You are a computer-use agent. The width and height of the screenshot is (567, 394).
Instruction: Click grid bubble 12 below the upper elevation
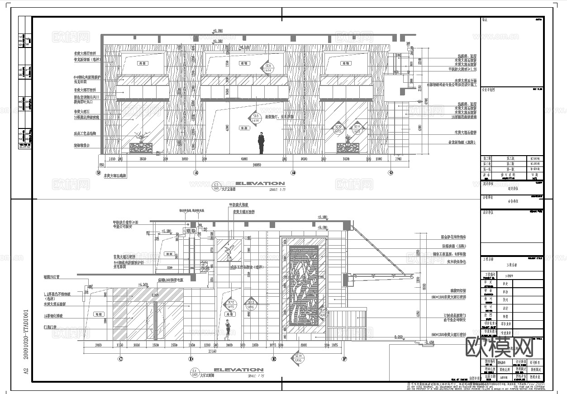pyautogui.click(x=98, y=172)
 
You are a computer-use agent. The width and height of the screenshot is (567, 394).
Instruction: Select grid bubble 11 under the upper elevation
pyautogui.click(x=195, y=172)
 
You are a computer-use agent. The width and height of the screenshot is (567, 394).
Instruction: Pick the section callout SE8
pyautogui.click(x=256, y=118)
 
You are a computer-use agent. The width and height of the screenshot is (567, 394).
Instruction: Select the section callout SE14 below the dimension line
pyautogui.click(x=298, y=358)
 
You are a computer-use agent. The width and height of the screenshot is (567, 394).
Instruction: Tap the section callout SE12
pyautogui.click(x=231, y=304)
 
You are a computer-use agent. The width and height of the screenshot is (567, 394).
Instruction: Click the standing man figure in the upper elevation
pyautogui.click(x=261, y=144)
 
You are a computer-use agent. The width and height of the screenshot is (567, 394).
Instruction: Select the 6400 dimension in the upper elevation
pyautogui.click(x=244, y=159)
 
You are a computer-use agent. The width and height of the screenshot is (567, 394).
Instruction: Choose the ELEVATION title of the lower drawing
pyautogui.click(x=238, y=370)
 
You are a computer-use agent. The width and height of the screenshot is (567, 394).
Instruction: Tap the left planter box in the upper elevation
pyautogui.click(x=141, y=148)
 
